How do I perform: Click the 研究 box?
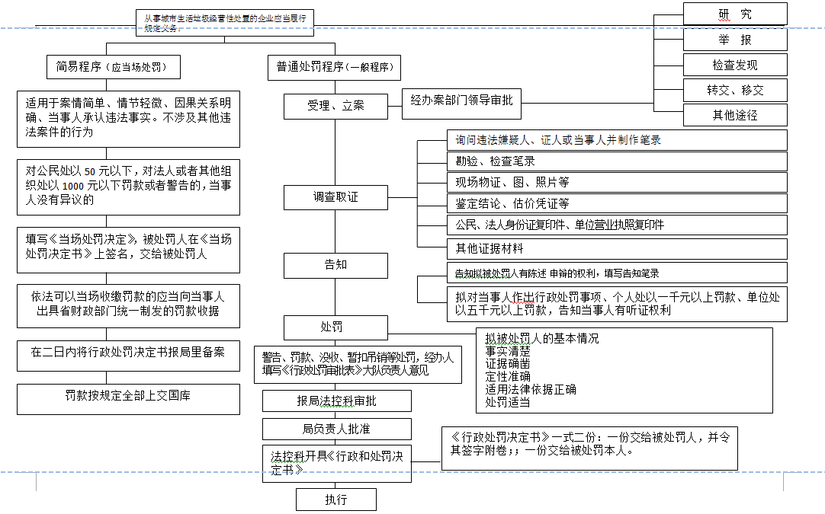pos(734,14)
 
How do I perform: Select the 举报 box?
pos(734,40)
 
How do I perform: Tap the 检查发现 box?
pos(734,65)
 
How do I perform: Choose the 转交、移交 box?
pos(734,90)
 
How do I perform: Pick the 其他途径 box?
pos(734,115)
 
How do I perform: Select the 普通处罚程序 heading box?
pos(335,67)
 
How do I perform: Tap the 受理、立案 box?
pos(335,106)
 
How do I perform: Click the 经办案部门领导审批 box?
pos(461,101)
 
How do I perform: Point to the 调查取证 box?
pos(335,198)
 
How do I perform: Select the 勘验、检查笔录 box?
pos(616,161)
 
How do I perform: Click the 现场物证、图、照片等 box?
pos(616,183)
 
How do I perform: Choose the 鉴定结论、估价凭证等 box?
pos(616,203)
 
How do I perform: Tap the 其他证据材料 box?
pos(616,248)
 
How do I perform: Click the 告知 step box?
pos(335,266)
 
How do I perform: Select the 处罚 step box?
pos(335,327)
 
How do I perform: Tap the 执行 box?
pos(336,500)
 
